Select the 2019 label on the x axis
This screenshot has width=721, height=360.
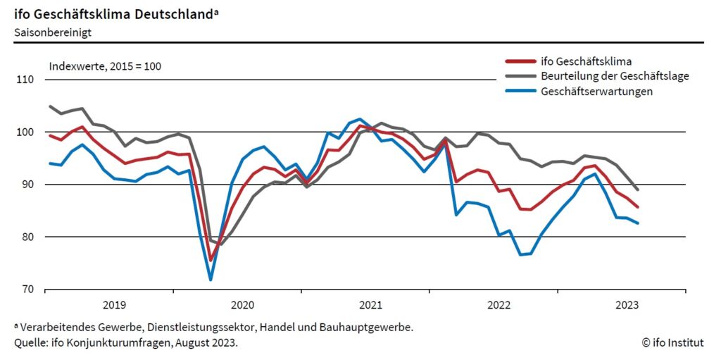(x=114, y=305)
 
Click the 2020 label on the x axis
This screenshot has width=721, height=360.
(x=242, y=305)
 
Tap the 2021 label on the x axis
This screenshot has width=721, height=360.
(x=370, y=305)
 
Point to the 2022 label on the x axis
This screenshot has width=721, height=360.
(x=499, y=305)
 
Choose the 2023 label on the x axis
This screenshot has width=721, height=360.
(x=627, y=305)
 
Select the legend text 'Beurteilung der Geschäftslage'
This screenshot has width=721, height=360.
(x=615, y=76)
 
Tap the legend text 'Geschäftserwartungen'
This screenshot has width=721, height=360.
(x=596, y=91)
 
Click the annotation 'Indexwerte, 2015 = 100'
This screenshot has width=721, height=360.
(x=105, y=66)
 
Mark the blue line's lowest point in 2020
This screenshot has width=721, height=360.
(x=211, y=280)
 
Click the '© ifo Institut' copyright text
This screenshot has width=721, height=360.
(x=672, y=342)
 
